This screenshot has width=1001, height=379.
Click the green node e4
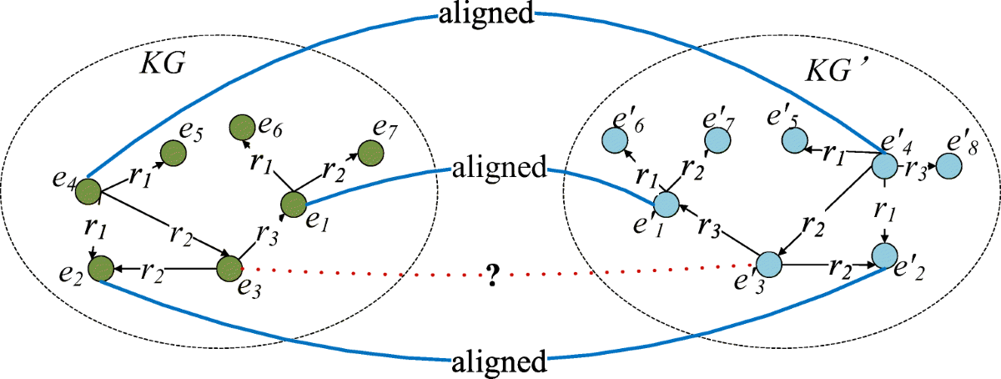(88, 192)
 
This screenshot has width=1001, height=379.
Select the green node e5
(173, 153)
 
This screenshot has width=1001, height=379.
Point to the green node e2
(100, 269)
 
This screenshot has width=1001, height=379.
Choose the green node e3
(229, 269)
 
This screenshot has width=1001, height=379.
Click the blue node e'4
(885, 164)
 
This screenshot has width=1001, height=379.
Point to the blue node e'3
(768, 265)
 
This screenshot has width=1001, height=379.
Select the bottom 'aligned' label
(499, 361)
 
